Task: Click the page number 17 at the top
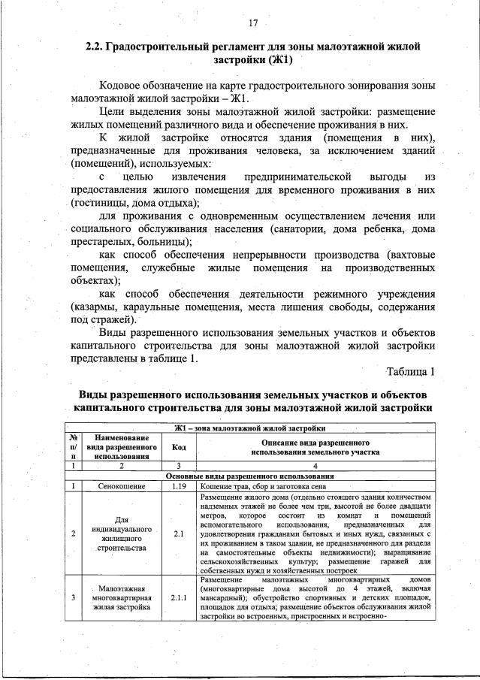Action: pyautogui.click(x=253, y=23)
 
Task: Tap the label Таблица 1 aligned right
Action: pyautogui.click(x=410, y=371)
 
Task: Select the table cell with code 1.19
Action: pyautogui.click(x=179, y=486)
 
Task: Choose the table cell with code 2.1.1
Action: pyautogui.click(x=179, y=598)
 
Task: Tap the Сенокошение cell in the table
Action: pyautogui.click(x=121, y=486)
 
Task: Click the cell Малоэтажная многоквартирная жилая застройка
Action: pyautogui.click(x=121, y=598)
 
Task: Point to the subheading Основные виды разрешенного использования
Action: pyautogui.click(x=252, y=476)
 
